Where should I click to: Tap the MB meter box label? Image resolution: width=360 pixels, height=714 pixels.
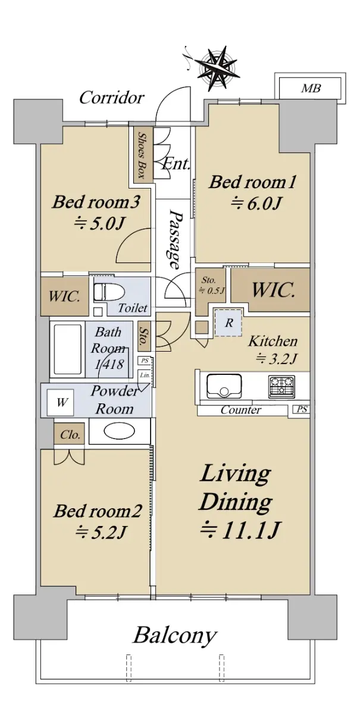coord(310,88)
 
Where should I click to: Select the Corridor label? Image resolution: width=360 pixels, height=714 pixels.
coord(111,98)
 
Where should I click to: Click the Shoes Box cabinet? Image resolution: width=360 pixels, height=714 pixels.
coord(141,155)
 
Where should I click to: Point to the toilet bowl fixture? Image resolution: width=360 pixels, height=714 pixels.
coord(108,291)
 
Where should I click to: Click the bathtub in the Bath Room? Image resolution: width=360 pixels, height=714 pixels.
coord(67,349)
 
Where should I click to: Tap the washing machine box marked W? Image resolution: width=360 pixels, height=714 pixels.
coord(60,402)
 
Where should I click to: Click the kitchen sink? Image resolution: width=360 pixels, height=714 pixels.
coord(224,386)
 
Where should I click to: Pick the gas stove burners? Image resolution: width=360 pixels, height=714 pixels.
coord(281,386)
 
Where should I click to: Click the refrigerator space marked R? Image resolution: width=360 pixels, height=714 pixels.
coord(228,322)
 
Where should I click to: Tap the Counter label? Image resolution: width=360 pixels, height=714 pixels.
coord(240,409)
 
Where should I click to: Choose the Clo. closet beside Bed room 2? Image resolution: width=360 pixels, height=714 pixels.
coord(69,434)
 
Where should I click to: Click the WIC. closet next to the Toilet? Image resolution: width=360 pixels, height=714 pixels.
coord(64,296)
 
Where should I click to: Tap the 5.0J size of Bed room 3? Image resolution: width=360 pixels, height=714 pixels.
coord(98,224)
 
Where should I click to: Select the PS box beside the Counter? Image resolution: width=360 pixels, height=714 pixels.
coord(301,409)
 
